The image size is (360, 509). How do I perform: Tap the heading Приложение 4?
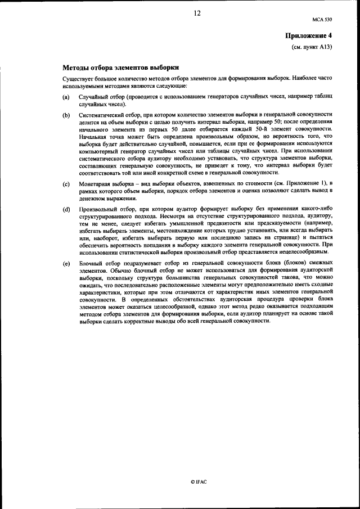(x=309, y=36)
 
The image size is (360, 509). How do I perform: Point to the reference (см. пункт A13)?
(x=312, y=47)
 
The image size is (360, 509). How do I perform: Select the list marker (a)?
(x=66, y=98)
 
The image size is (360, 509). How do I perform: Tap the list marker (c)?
(x=66, y=184)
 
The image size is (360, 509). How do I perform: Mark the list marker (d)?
(x=66, y=209)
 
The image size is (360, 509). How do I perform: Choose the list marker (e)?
(x=66, y=263)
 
